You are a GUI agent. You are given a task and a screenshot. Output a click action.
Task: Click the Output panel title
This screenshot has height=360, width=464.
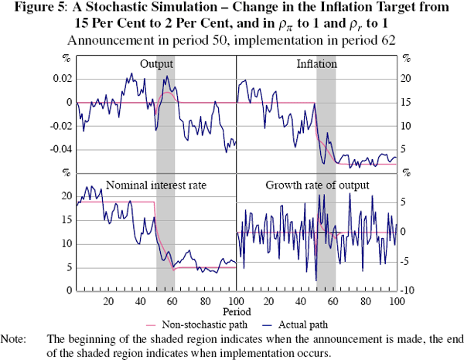(x=156, y=64)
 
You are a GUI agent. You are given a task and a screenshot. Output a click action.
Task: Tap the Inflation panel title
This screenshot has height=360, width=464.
(x=317, y=64)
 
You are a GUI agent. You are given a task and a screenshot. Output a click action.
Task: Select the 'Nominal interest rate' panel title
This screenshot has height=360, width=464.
(x=156, y=185)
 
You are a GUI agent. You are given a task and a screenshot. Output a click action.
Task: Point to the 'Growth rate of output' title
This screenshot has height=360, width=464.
(x=317, y=185)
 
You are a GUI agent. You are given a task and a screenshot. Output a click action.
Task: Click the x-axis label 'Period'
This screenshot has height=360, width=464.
(x=234, y=312)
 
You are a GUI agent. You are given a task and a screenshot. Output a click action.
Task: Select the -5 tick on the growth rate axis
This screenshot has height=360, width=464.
(x=410, y=261)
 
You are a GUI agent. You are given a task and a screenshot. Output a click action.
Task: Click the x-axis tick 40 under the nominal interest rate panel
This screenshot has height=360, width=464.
(x=140, y=301)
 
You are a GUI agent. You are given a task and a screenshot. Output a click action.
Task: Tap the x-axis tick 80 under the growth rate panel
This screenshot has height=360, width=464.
(x=364, y=301)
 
